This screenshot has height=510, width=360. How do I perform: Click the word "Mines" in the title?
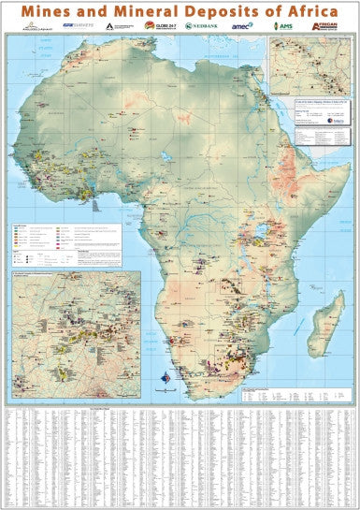(63, 10)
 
